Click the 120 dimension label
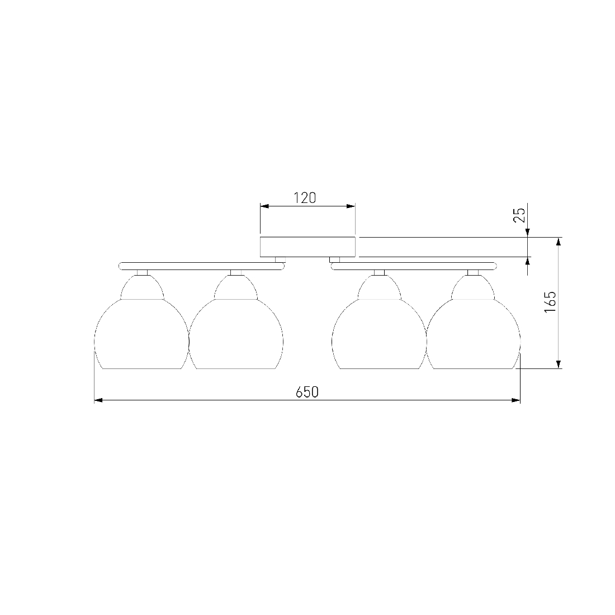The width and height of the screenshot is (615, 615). (x=305, y=198)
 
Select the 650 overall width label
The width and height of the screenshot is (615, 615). (x=307, y=392)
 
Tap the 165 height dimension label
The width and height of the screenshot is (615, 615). (x=550, y=301)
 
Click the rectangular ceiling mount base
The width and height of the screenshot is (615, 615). (x=307, y=247)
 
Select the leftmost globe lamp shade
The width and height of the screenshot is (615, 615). (x=141, y=321)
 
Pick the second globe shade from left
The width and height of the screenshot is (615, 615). (x=236, y=321)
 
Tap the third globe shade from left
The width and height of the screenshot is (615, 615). (x=379, y=321)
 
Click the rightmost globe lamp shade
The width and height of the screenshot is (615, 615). (x=473, y=321)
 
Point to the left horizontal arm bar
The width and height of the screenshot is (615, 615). (x=201, y=266)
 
